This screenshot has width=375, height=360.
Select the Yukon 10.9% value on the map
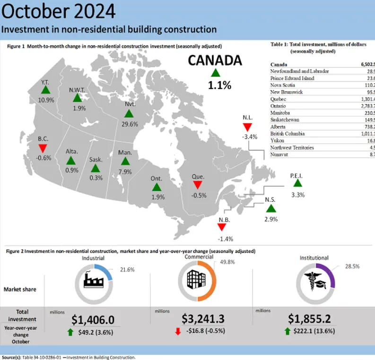(x=46, y=100)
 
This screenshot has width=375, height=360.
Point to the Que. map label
(x=198, y=177)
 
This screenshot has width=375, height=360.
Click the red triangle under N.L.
(x=247, y=128)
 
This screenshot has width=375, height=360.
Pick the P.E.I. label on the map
(x=297, y=176)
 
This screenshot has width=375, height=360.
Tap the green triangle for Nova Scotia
(x=270, y=208)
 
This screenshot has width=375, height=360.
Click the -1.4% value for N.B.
(x=225, y=239)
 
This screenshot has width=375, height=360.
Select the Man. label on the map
(x=125, y=153)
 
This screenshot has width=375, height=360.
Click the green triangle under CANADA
(x=216, y=72)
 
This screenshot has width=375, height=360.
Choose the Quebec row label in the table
(x=278, y=99)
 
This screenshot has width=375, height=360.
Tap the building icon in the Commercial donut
(x=196, y=280)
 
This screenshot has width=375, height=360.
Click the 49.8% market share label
(x=224, y=265)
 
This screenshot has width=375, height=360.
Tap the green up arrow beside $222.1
(x=288, y=331)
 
